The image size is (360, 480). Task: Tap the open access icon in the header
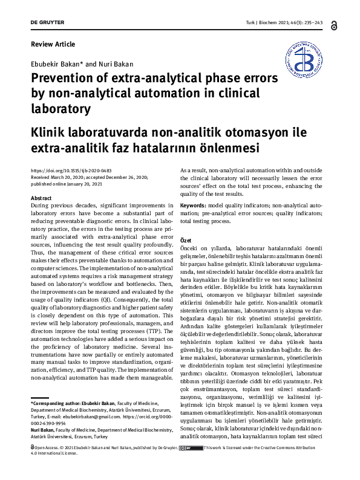(x=335, y=24)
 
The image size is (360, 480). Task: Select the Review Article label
(x=53, y=44)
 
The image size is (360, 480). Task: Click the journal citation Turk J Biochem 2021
(x=276, y=24)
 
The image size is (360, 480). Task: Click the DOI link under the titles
(x=71, y=170)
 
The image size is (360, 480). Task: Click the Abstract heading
(x=41, y=198)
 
